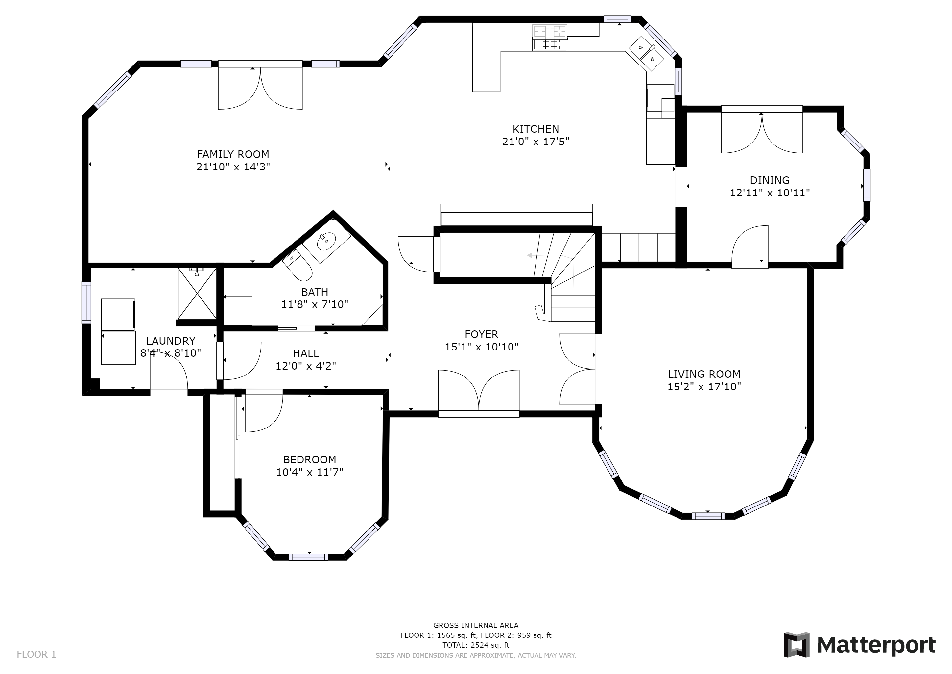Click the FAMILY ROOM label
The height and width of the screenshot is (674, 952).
tap(233, 154)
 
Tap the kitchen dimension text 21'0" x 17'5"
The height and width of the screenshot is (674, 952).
tap(536, 142)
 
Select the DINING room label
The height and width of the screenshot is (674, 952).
tap(770, 180)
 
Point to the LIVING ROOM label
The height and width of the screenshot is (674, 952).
tap(704, 374)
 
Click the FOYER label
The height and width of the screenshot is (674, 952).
tap(481, 334)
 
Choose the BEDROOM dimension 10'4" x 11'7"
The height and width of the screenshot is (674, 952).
tap(310, 472)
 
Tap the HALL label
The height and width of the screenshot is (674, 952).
tap(306, 353)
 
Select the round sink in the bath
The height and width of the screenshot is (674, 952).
tap(327, 240)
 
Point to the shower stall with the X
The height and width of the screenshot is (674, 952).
tap(197, 294)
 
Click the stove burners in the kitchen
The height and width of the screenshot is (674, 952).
tap(550, 38)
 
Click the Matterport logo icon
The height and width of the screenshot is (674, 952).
tap(797, 644)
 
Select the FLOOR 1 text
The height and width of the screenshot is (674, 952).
tap(36, 655)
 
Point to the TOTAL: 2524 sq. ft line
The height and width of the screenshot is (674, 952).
tap(476, 645)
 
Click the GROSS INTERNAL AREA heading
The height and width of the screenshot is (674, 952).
tap(476, 625)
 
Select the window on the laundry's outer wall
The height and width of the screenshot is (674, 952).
tap(86, 302)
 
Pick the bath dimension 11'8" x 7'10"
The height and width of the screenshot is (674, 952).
tap(315, 305)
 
